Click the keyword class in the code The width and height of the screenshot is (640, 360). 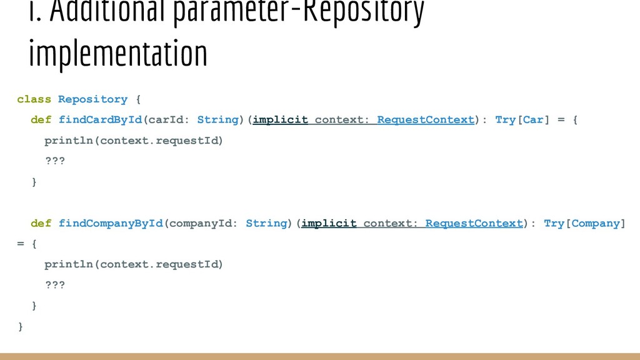34,99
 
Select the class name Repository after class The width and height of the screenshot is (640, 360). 92,99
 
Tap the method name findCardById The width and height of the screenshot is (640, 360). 101,119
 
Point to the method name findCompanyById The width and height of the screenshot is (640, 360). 111,223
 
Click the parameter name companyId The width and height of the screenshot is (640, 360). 201,223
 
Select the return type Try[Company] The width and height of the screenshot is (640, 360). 584,223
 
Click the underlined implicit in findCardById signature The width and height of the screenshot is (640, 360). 281,119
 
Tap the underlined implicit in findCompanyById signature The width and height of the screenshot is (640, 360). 329,223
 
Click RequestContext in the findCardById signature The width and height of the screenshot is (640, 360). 426,119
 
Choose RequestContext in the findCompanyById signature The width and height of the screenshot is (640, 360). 474,223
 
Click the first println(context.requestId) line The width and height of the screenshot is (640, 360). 133,140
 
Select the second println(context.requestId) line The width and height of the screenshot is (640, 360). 133,264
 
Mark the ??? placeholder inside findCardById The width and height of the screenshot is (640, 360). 54,161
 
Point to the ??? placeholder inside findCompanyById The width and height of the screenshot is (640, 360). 54,285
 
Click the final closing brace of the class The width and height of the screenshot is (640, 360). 21,326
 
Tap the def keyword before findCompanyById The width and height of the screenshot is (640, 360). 41,223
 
